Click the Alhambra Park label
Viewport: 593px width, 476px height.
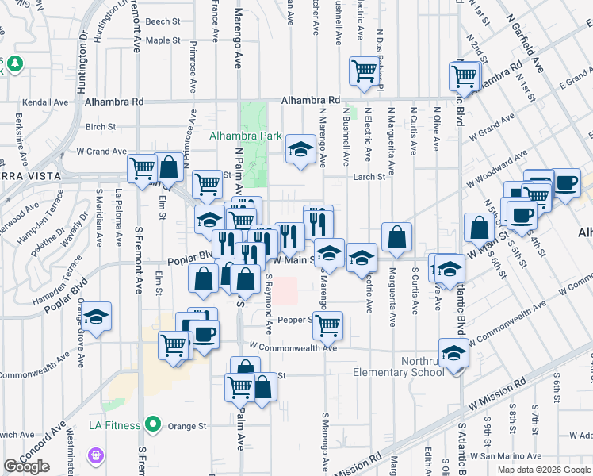246,136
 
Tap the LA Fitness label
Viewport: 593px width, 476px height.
114,425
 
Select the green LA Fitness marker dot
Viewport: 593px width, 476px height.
155,425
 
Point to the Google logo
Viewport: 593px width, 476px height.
26,466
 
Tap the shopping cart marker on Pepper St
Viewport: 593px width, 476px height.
327,324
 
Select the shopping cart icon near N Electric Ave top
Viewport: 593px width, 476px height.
364,70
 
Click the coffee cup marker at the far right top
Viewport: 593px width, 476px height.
566,182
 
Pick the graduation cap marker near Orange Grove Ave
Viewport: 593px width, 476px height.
97,317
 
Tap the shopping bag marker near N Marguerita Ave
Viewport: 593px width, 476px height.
396,236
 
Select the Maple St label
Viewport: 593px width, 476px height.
163,40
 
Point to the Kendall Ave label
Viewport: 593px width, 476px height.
45,102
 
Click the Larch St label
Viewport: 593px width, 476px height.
369,177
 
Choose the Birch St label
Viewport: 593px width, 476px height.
101,127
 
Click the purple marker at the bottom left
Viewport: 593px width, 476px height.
96,455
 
